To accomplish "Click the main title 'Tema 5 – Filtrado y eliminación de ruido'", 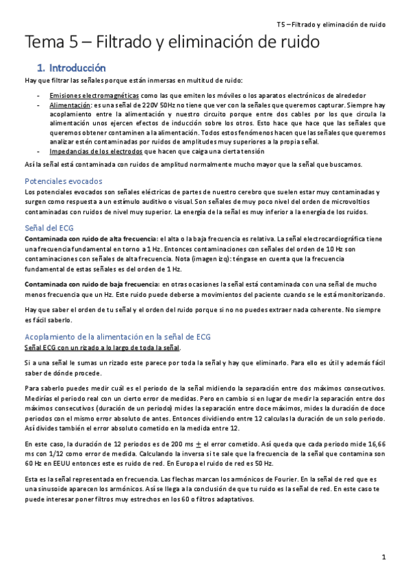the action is click(172, 43).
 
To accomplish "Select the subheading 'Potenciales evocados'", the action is click(63, 181).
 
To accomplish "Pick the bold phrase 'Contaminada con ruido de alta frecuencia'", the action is click(90, 239).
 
